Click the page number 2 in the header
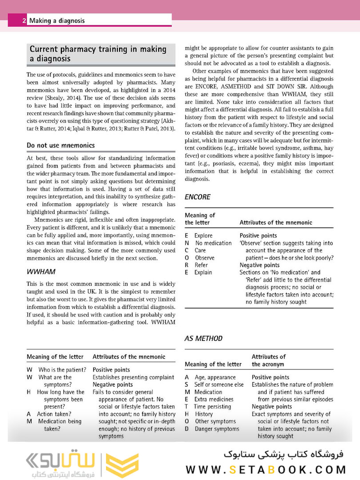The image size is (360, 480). pos(24,20)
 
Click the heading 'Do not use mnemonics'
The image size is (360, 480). pos(60,145)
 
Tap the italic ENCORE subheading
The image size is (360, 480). pos(197,197)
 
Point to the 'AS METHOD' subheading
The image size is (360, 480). pos(204,338)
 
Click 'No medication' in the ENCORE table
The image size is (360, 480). pos(213,243)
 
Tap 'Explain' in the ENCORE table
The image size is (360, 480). pos(203,272)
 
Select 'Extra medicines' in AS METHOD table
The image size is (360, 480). pos(214,399)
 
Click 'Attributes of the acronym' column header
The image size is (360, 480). pos(268,360)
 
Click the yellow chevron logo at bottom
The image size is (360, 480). pos(120,465)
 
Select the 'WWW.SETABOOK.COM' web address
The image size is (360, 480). pos(266,469)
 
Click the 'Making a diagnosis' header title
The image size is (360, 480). pos(57,20)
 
